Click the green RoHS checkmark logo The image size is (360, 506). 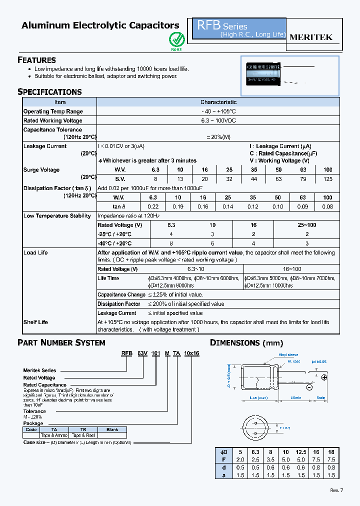[176, 39]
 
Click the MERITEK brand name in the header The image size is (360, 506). [311, 37]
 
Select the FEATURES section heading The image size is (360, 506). [36, 60]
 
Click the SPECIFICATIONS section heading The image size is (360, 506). [49, 92]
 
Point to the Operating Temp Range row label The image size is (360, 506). [53, 111]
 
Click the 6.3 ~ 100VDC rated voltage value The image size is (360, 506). [218, 120]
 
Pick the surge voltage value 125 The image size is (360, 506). [327, 179]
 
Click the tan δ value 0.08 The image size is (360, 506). [327, 206]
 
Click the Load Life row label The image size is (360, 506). [35, 252]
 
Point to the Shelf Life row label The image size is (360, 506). [35, 322]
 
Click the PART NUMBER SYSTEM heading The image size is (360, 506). [61, 343]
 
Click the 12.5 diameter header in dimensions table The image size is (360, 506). [300, 451]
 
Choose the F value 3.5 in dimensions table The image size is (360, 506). [270, 459]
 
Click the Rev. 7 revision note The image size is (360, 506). [337, 490]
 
